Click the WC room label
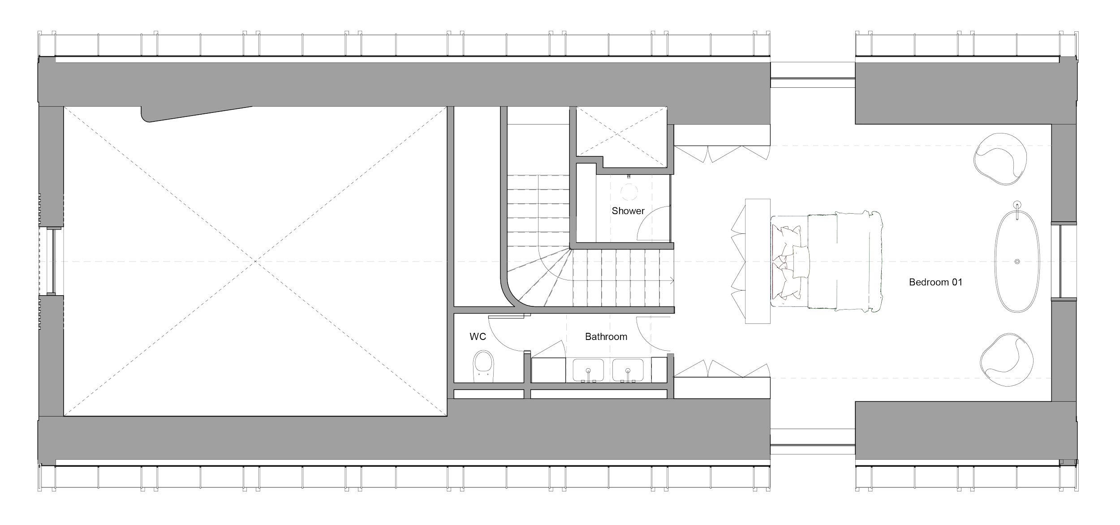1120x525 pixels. [478, 336]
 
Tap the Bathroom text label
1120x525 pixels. [606, 336]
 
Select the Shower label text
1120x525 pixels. [628, 211]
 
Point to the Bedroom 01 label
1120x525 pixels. [935, 282]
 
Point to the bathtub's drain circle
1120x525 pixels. [1017, 261]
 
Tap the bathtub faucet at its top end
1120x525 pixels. [1018, 206]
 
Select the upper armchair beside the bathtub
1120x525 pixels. [1002, 158]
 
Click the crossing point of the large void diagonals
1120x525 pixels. [256, 261]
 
